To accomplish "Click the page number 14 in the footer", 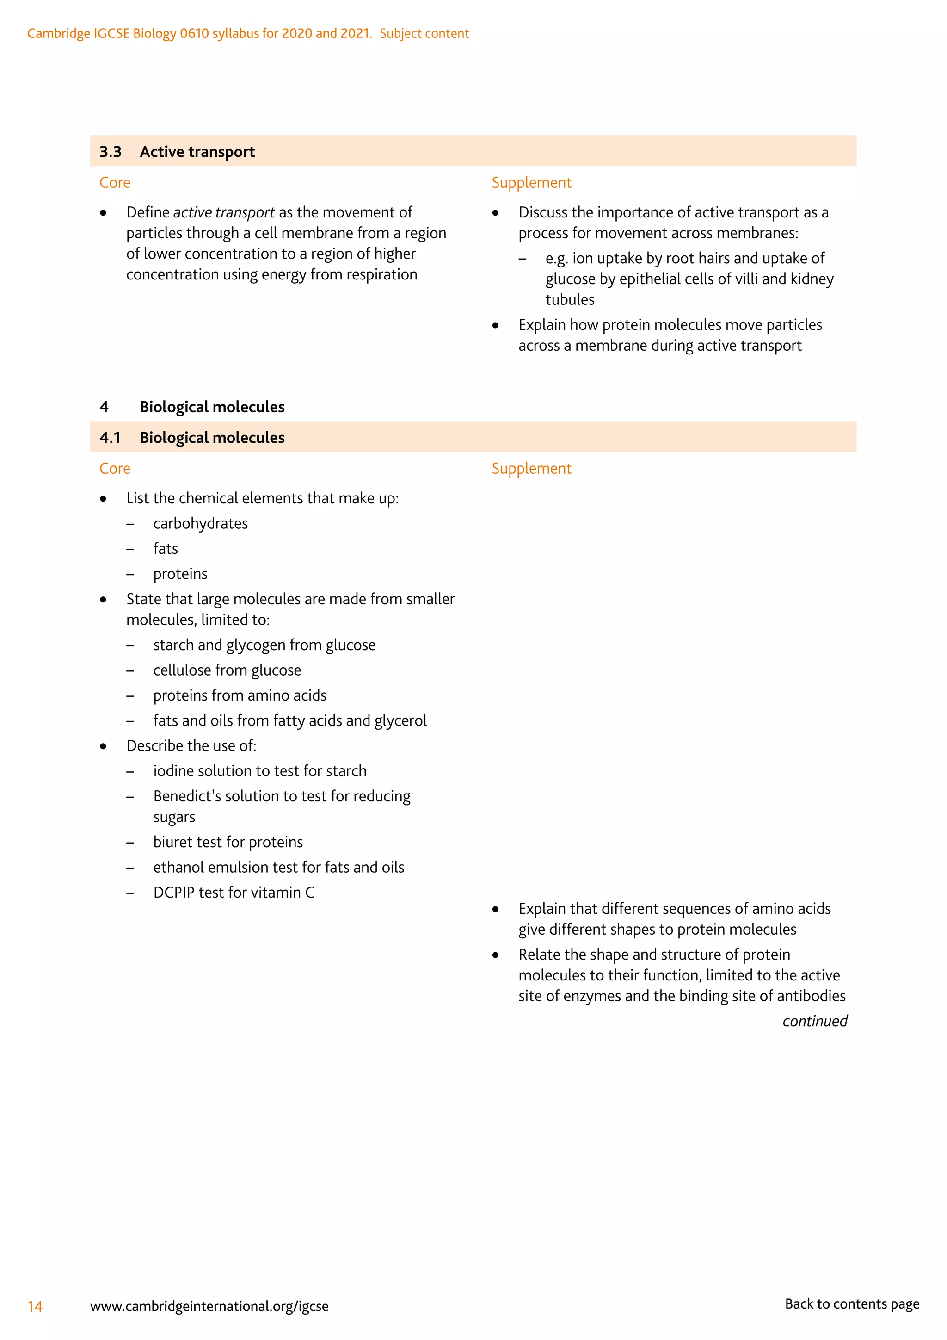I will tap(35, 1306).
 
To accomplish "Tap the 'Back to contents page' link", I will tap(851, 1304).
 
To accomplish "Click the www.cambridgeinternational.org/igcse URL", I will tap(209, 1306).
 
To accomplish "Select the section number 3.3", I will tap(110, 152).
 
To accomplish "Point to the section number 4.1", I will tap(110, 438).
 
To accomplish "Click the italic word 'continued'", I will tap(815, 1021).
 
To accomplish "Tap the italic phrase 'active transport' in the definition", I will tap(223, 212).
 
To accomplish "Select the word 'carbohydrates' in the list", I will tap(200, 523).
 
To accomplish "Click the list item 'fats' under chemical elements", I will tap(166, 549).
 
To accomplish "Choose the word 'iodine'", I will tap(173, 771).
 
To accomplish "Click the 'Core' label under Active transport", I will tap(115, 183).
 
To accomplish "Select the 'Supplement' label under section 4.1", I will tap(531, 469).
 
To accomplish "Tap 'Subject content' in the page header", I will tap(424, 33).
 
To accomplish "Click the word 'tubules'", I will tap(570, 299).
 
